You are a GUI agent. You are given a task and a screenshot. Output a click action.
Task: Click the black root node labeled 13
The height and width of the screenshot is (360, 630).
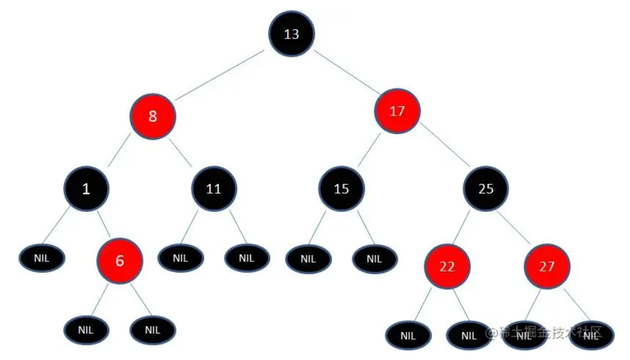pyautogui.click(x=292, y=34)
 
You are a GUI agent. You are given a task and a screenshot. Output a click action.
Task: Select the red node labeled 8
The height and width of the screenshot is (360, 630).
pyautogui.click(x=152, y=116)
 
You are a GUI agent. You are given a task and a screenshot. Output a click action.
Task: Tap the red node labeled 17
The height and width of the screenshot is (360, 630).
pyautogui.click(x=397, y=111)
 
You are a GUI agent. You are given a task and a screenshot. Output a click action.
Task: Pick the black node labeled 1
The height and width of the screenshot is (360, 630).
pyautogui.click(x=86, y=188)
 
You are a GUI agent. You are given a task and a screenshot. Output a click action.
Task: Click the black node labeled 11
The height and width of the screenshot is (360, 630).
pyautogui.click(x=214, y=188)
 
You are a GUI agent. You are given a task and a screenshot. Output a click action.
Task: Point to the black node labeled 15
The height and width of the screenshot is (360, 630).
pyautogui.click(x=341, y=188)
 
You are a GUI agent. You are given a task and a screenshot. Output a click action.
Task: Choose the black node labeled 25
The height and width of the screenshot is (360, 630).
pyautogui.click(x=486, y=188)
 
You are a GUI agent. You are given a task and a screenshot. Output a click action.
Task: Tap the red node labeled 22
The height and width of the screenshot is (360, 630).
pyautogui.click(x=447, y=266)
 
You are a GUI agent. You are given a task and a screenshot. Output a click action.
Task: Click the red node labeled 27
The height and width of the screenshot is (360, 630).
pyautogui.click(x=547, y=266)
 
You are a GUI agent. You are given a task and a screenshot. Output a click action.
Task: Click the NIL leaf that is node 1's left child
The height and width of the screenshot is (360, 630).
pyautogui.click(x=42, y=258)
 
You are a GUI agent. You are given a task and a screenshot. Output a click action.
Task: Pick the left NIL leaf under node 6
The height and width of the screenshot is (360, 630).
pyautogui.click(x=86, y=330)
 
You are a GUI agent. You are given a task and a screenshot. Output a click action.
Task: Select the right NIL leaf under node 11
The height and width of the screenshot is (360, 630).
pyautogui.click(x=247, y=258)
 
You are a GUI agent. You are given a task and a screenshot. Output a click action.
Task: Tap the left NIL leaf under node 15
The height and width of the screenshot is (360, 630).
pyautogui.click(x=307, y=258)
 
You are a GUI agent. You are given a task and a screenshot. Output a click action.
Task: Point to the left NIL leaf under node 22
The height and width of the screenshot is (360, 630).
pyautogui.click(x=408, y=336)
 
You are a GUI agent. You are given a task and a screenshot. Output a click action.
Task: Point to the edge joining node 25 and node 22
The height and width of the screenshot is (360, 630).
pyautogui.click(x=466, y=227)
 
